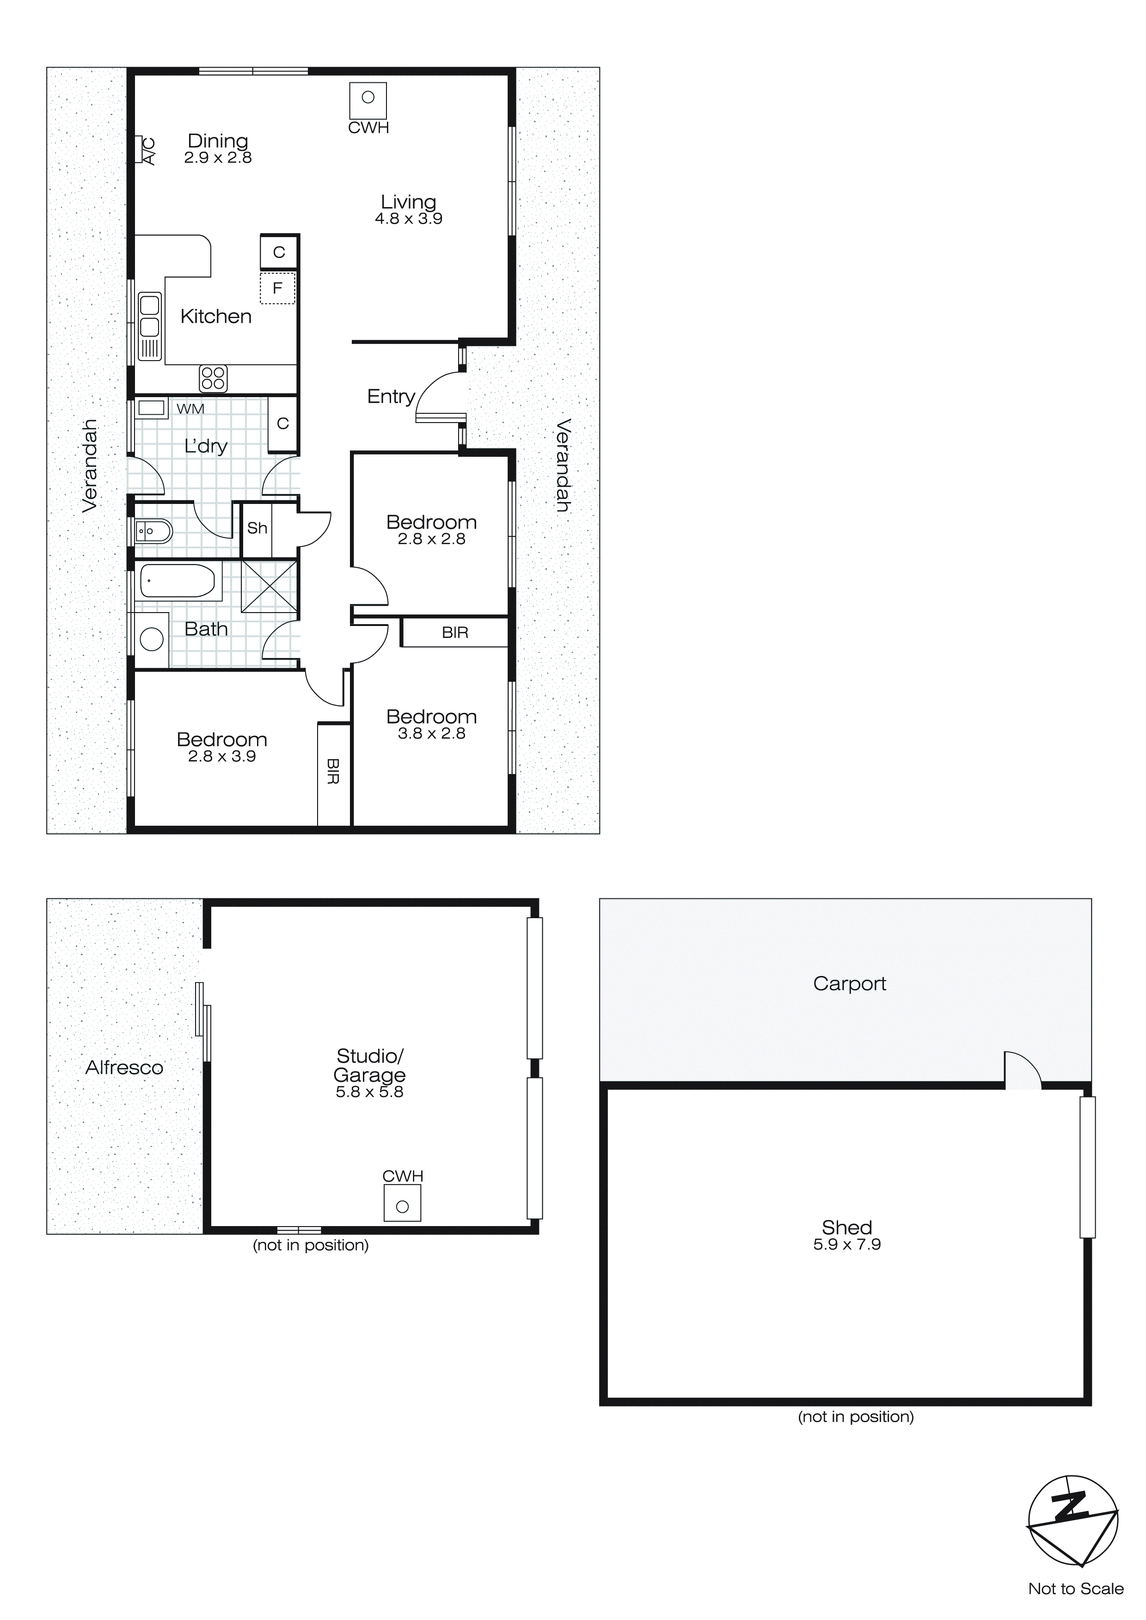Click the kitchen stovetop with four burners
213,378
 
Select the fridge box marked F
277,288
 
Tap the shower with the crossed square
269,586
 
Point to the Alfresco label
124,1068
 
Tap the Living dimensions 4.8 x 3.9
409,219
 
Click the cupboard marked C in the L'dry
283,423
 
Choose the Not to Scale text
1075,1588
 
